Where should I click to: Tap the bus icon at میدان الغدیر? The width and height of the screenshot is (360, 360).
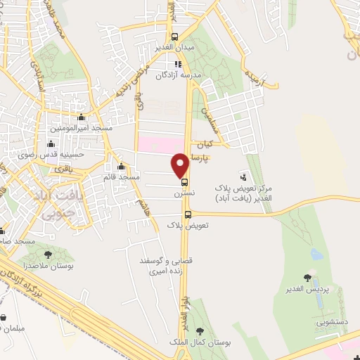(175, 37)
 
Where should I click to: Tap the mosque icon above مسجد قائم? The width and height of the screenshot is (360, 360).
(122, 167)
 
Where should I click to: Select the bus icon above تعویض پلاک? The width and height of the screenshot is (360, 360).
(187, 215)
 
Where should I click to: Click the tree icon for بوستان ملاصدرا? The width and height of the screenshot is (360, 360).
(49, 255)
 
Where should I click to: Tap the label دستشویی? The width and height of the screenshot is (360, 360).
(331, 323)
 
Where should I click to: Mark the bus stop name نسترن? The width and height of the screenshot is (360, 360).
(184, 192)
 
